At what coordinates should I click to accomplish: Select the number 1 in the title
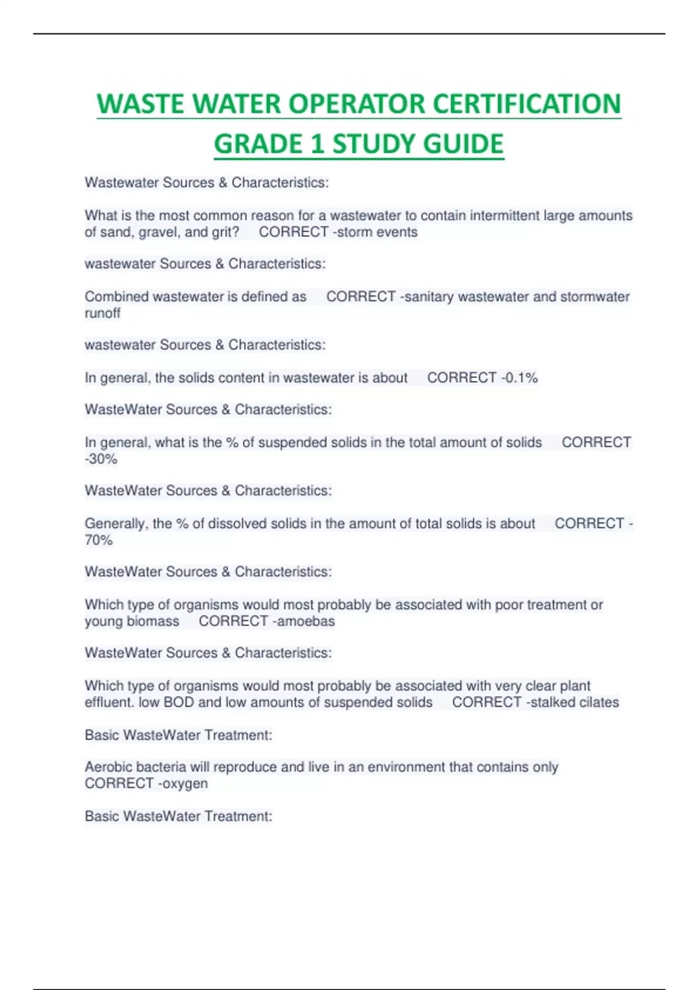(317, 144)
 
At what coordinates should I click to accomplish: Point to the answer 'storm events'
(377, 232)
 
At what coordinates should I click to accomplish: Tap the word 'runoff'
(103, 313)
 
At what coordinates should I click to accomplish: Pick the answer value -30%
(101, 459)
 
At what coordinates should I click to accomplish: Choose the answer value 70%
(99, 540)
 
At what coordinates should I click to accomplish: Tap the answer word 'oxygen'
(185, 783)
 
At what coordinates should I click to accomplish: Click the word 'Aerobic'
(109, 767)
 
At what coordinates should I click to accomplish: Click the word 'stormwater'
(595, 296)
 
